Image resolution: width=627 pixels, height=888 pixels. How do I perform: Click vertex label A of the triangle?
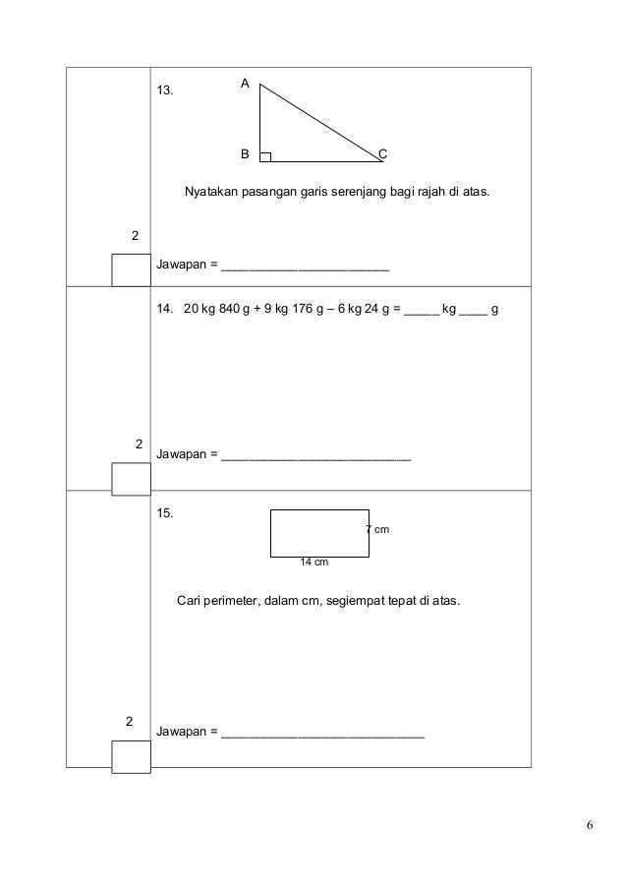click(248, 86)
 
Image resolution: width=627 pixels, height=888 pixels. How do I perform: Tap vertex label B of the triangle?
click(246, 155)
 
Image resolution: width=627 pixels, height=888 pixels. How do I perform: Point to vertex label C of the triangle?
click(383, 155)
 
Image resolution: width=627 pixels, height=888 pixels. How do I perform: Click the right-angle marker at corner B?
click(265, 156)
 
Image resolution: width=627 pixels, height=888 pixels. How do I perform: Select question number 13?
click(166, 90)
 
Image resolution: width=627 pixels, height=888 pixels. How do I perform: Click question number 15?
click(166, 512)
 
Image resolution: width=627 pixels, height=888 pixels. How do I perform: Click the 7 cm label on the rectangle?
click(377, 530)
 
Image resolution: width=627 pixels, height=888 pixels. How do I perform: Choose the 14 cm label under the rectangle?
click(313, 562)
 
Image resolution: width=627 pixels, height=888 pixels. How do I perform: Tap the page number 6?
click(589, 824)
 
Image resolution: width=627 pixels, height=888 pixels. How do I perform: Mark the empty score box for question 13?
click(131, 270)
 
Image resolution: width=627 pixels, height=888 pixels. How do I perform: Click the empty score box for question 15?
click(131, 757)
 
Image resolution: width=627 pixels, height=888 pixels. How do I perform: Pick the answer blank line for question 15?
click(323, 734)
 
